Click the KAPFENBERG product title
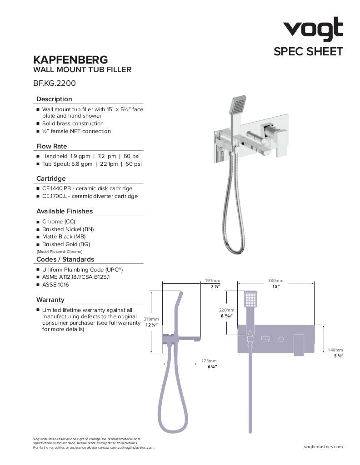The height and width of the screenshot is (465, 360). click(70, 59)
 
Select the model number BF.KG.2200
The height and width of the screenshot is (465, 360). click(55, 83)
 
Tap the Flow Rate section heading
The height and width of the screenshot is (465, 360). click(51, 146)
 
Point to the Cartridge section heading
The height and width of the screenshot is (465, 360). click(51, 178)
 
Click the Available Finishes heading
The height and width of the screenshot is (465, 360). click(64, 211)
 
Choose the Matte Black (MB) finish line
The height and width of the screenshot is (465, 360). click(64, 237)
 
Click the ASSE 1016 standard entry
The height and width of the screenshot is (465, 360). click(55, 285)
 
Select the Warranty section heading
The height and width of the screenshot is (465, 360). click(50, 300)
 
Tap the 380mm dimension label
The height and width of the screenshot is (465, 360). click(275, 281)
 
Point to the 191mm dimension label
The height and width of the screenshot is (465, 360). click(212, 281)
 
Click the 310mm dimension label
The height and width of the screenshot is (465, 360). click(151, 319)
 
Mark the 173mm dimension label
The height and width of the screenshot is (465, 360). click(209, 361)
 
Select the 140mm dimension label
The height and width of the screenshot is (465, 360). click(335, 350)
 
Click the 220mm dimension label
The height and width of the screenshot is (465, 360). click(226, 310)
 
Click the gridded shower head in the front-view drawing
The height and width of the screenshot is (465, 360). click(250, 300)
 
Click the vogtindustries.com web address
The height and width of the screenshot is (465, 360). click(323, 447)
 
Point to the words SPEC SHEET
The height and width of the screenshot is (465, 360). click(308, 51)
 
